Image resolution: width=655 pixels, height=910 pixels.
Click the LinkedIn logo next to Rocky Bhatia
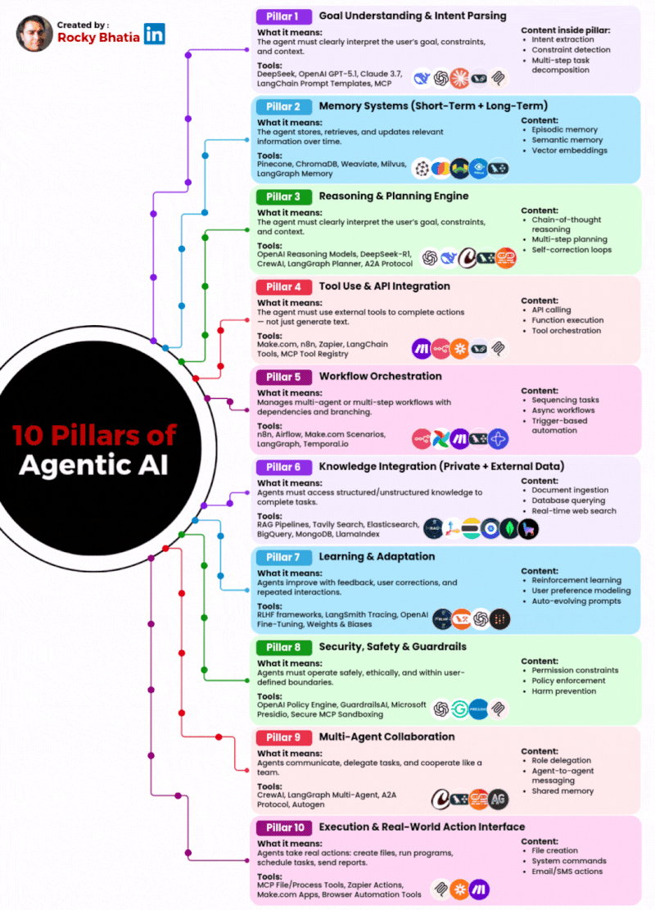point(154,34)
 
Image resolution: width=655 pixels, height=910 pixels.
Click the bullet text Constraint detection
point(571,50)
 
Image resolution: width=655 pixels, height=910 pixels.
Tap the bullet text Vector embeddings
point(570,150)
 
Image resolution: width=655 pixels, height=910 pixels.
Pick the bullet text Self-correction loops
point(571,250)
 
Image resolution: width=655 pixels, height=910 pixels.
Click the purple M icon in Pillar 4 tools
point(422,348)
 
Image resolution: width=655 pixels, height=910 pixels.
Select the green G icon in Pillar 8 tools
point(460,709)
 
